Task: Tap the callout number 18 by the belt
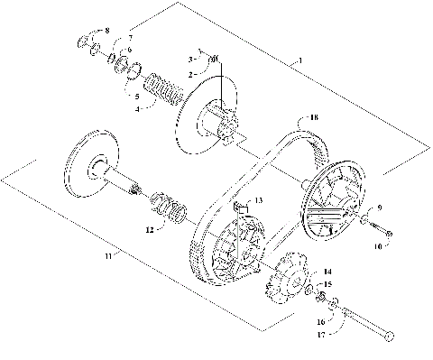(x=315, y=117)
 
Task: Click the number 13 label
(x=258, y=199)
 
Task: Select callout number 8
(x=107, y=31)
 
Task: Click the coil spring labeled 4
(x=161, y=90)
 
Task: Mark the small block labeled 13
(x=240, y=209)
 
